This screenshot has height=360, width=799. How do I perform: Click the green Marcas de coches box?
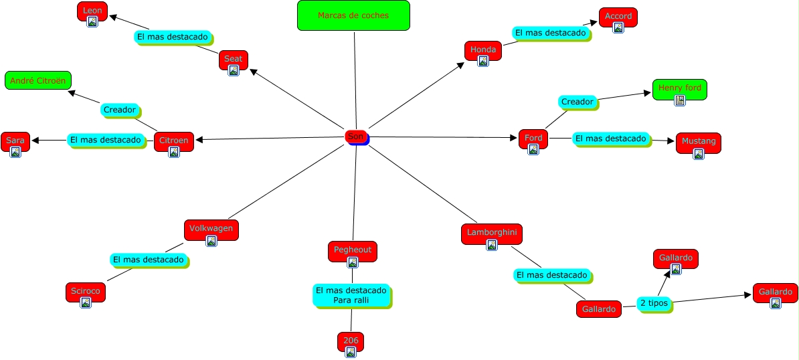click(x=353, y=15)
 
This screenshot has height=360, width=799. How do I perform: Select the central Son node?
click(x=356, y=137)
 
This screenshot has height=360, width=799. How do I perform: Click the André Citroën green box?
click(x=38, y=80)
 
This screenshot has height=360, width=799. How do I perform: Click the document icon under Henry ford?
click(x=680, y=100)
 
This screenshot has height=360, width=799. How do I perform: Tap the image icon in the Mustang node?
click(x=699, y=154)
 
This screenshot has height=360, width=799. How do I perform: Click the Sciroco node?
click(x=86, y=292)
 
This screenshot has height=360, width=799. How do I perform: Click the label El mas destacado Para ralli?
click(x=351, y=295)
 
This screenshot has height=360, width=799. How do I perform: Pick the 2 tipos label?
click(x=654, y=304)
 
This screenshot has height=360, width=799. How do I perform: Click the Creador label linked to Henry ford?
click(x=577, y=102)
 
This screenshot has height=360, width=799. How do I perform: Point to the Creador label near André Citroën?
click(x=120, y=110)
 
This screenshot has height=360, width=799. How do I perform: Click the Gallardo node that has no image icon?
click(x=599, y=309)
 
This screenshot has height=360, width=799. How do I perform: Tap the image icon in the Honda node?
click(x=483, y=61)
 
